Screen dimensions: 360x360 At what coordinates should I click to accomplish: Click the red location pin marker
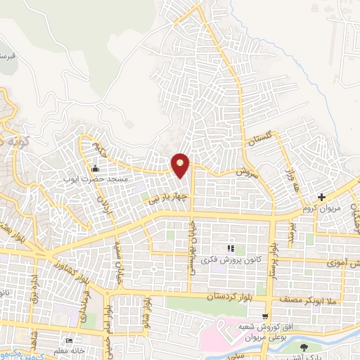point(181,165)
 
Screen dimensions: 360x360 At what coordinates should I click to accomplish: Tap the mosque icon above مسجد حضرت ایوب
point(96,168)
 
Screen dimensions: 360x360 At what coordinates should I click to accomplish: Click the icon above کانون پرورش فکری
point(229,249)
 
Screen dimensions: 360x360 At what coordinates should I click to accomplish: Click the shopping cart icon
point(264,316)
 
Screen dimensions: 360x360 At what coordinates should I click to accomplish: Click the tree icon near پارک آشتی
point(304,347)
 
